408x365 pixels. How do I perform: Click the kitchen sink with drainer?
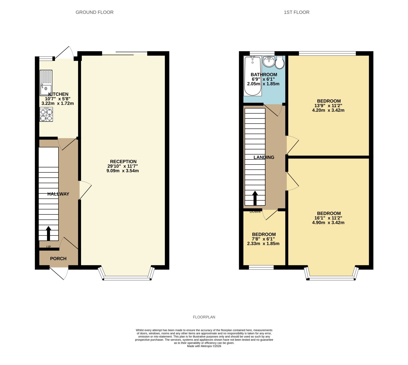point(46,83)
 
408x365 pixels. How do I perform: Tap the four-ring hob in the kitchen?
point(46,115)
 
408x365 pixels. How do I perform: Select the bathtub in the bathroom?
point(252,76)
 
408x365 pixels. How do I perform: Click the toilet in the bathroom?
point(280,62)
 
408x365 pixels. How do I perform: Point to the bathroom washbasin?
point(269,61)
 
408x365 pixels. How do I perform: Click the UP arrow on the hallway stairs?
point(48,233)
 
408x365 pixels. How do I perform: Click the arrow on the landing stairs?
point(255,198)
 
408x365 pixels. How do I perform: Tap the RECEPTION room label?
point(123,162)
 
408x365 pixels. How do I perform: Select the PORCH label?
point(58,259)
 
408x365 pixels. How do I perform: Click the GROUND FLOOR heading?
point(94,12)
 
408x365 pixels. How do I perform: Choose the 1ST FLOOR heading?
point(296,12)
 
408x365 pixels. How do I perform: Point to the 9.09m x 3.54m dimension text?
point(123,171)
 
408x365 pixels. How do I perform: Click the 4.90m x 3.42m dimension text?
point(328,222)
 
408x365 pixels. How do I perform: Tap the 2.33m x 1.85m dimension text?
point(263,243)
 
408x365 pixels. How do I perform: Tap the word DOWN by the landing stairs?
point(255,212)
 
